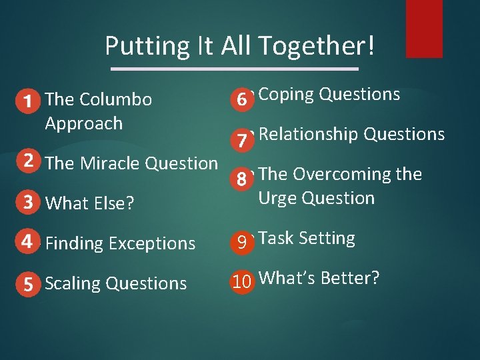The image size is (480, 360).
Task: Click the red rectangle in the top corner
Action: point(424,28)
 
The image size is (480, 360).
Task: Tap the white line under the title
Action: point(234,69)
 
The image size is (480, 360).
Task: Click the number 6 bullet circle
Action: point(242,99)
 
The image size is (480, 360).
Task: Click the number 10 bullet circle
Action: point(242,282)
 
